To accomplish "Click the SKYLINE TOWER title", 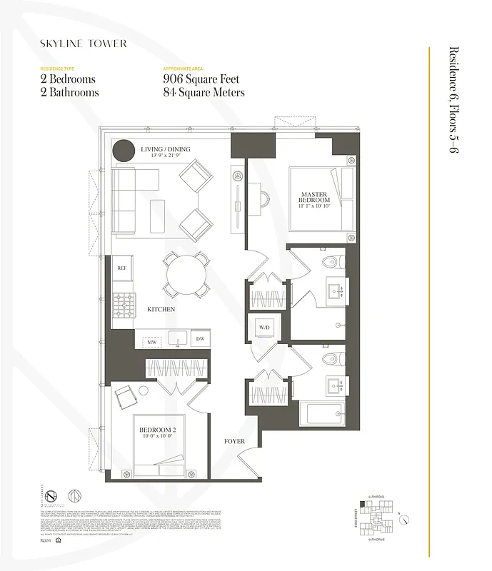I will (84, 44).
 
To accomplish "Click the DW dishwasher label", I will (200, 339).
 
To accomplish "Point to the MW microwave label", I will (151, 343).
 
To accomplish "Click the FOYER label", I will (234, 442).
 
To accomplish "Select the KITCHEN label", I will (161, 309).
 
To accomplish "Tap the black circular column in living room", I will (124, 151).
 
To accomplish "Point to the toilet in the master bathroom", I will (330, 263).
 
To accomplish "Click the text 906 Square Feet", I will (201, 79).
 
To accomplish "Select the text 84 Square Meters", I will (204, 92).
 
